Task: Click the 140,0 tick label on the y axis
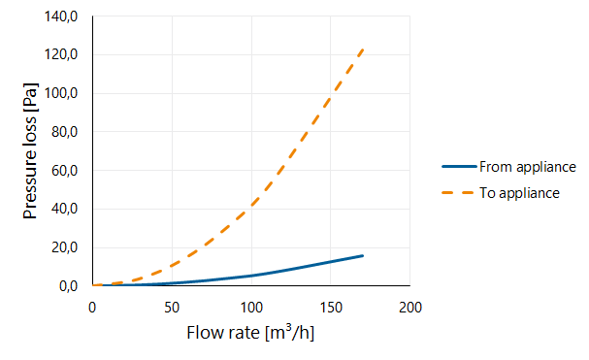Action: [x=61, y=16]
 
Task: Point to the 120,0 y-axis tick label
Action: [x=61, y=55]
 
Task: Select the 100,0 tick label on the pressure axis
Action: [x=61, y=93]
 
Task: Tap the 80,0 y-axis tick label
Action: [x=64, y=132]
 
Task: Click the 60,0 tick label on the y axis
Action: [x=64, y=171]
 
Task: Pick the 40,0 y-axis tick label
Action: [x=64, y=209]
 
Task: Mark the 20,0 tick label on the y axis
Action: [x=64, y=247]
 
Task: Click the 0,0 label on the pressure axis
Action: [x=68, y=286]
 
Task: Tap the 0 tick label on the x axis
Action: [x=92, y=308]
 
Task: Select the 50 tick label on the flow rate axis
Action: [x=172, y=308]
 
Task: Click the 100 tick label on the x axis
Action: [x=251, y=308]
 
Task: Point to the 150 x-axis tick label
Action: [x=331, y=308]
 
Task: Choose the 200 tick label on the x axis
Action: [x=410, y=308]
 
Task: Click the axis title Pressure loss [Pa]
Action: [x=30, y=150]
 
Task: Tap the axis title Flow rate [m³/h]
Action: [x=250, y=333]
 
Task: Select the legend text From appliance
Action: [x=528, y=167]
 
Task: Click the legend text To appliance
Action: [x=519, y=193]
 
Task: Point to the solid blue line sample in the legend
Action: [x=459, y=166]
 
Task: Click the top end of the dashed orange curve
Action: [x=363, y=49]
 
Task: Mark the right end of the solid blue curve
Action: [x=363, y=256]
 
